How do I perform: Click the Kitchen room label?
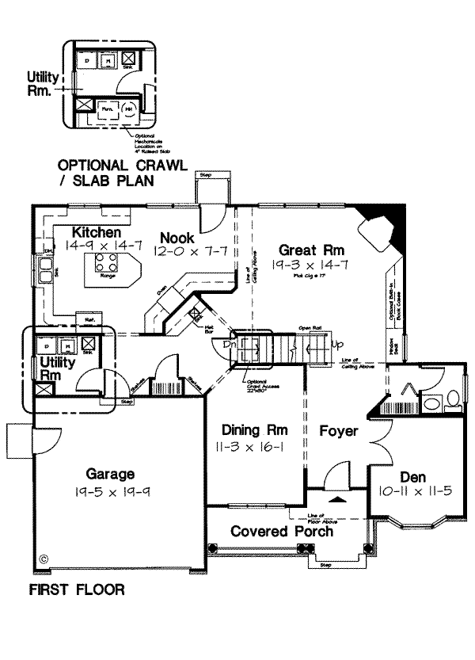click(97, 233)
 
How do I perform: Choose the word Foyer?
click(339, 432)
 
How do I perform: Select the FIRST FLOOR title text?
click(77, 590)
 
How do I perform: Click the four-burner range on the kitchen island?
click(105, 263)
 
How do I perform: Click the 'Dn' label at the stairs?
click(228, 345)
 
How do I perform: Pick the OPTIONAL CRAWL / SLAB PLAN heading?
click(121, 173)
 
